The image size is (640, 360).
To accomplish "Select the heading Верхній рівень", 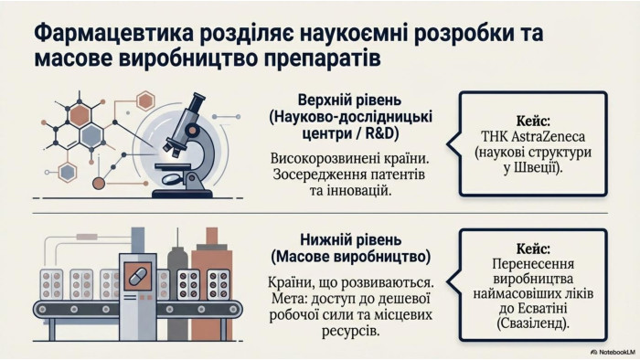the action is pyautogui.click(x=350, y=101).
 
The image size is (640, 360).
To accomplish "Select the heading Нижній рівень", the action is pyautogui.click(x=351, y=239).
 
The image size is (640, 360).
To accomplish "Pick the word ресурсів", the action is pyautogui.click(x=350, y=330).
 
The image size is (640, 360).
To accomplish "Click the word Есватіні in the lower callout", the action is pyautogui.click(x=541, y=308).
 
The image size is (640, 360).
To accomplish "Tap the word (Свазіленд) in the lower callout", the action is pyautogui.click(x=533, y=323).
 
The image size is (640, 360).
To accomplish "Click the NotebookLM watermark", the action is pyautogui.click(x=613, y=352).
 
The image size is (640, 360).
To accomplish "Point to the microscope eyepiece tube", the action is pyautogui.click(x=192, y=107).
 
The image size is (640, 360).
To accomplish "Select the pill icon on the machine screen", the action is pyautogui.click(x=137, y=277).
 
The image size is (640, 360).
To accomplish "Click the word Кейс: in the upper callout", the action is pyautogui.click(x=533, y=122).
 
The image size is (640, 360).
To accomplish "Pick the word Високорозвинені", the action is pyautogui.click(x=308, y=159).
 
